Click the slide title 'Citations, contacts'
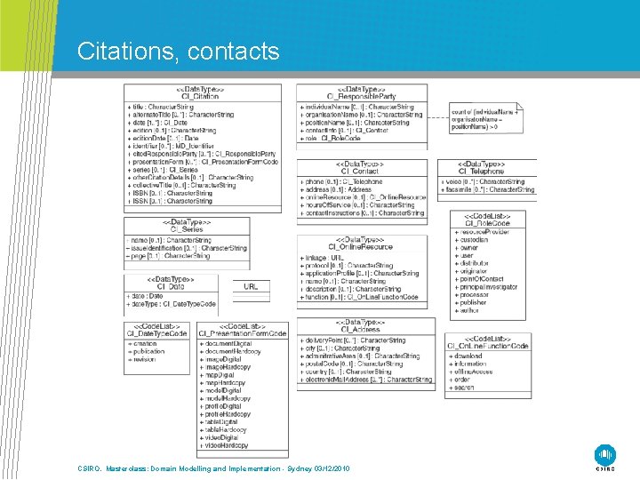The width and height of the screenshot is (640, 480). click(178, 51)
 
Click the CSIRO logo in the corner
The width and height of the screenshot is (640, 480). click(604, 456)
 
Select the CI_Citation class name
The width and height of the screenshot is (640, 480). click(200, 96)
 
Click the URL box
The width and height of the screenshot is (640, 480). click(251, 287)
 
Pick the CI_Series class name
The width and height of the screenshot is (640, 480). click(187, 228)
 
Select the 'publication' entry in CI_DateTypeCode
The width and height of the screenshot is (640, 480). click(150, 351)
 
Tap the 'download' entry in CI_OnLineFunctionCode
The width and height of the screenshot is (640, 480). click(469, 356)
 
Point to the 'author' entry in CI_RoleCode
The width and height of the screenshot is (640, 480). click(468, 310)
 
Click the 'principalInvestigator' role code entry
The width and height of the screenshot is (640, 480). click(489, 287)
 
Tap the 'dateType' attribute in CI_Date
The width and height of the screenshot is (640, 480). click(165, 303)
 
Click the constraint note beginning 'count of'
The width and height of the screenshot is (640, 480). click(484, 119)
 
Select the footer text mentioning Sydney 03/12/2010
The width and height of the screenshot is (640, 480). click(213, 468)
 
